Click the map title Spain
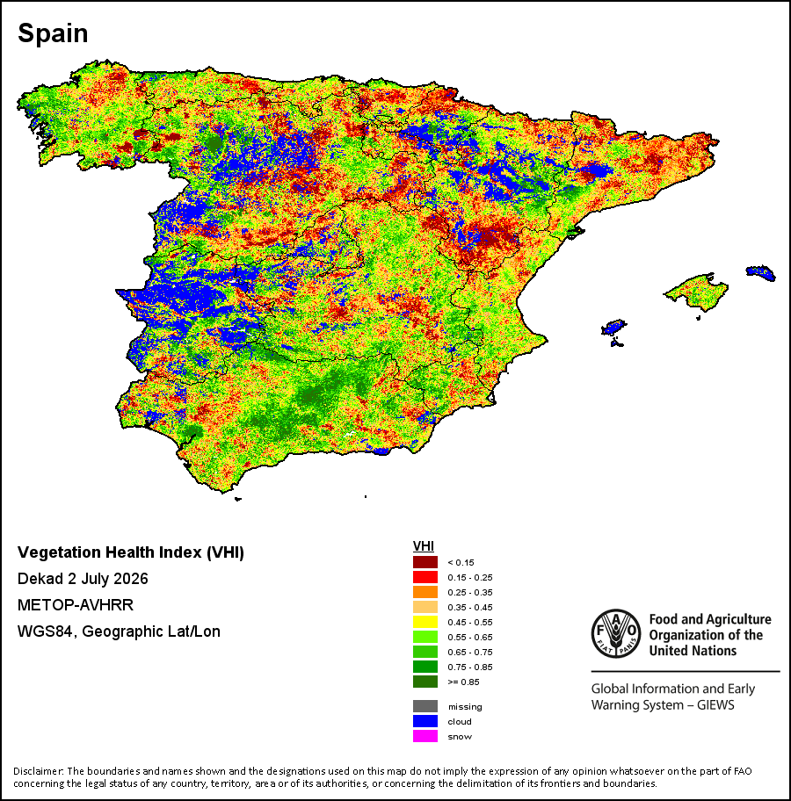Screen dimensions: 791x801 [53, 33]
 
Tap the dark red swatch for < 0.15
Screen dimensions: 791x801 [425, 562]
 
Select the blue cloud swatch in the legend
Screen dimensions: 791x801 [425, 721]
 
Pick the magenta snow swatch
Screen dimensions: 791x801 [425, 736]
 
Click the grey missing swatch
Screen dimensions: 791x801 [425, 706]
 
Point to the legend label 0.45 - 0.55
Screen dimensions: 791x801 [470, 622]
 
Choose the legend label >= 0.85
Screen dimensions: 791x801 [463, 682]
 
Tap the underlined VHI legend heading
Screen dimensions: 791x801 [424, 546]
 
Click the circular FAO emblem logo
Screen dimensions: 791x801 [615, 633]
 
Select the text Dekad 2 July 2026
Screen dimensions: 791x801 [83, 579]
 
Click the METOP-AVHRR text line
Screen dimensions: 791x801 [76, 605]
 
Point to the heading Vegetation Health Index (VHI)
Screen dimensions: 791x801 [131, 552]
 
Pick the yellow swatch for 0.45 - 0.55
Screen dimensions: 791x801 [425, 622]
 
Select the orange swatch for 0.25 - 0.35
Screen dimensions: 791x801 [425, 592]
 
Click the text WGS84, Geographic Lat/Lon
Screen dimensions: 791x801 [119, 631]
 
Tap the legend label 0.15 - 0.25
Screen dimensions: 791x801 [470, 577]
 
